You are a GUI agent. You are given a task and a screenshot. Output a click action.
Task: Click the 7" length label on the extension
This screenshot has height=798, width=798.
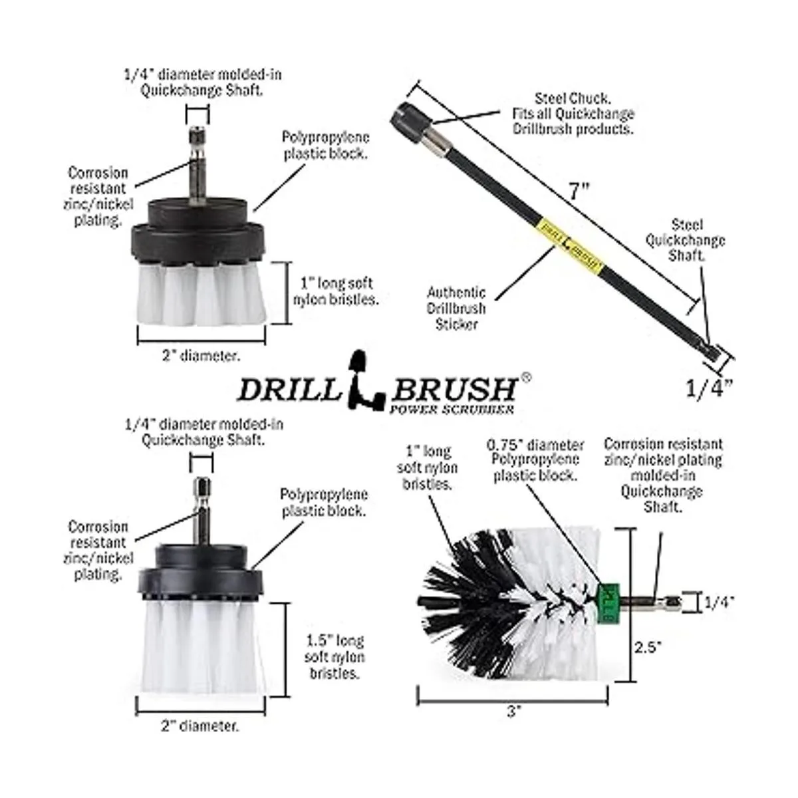(x=579, y=191)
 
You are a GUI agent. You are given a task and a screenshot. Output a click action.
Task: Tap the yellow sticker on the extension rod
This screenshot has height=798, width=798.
(x=570, y=244)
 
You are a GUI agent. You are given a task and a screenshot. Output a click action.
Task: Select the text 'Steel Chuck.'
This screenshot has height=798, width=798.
(x=573, y=98)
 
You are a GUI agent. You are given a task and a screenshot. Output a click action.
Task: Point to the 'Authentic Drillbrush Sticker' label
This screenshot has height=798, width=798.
(x=456, y=309)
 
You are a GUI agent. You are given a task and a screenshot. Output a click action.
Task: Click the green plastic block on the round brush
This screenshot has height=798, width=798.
(x=609, y=603)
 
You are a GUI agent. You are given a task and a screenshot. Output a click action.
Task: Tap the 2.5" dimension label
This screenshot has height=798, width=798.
(x=648, y=658)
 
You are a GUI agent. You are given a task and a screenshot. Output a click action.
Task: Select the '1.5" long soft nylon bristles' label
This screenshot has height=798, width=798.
(x=334, y=662)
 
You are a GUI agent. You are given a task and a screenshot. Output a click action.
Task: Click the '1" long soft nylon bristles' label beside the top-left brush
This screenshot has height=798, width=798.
(x=336, y=291)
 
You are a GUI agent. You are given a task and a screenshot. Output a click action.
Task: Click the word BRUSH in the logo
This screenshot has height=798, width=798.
(x=454, y=389)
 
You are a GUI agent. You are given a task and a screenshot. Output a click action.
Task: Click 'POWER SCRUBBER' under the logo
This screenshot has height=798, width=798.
(x=452, y=409)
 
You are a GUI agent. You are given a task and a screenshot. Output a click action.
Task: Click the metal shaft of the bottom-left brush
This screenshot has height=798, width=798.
(x=201, y=512)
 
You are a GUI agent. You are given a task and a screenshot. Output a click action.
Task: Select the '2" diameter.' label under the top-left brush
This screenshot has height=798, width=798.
(x=201, y=356)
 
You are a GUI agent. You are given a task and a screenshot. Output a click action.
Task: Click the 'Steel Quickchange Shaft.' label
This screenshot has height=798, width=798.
(x=686, y=240)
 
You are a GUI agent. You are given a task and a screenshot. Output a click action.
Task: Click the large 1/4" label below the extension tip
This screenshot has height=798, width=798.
(x=710, y=389)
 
